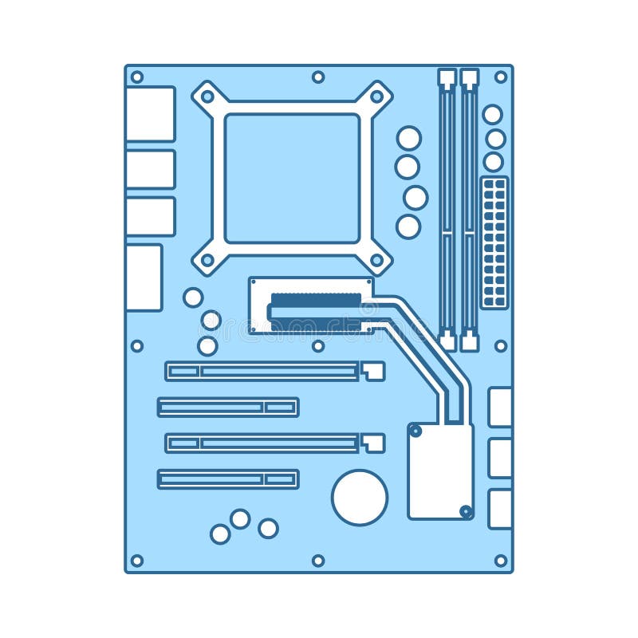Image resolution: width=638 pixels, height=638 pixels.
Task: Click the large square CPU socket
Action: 292,178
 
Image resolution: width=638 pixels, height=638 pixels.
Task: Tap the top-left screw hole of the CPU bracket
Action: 207,96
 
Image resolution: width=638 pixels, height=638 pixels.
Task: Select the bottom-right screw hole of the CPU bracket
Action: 376,260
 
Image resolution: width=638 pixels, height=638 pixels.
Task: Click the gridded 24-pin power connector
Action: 494,242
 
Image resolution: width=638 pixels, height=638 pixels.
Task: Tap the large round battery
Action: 360,498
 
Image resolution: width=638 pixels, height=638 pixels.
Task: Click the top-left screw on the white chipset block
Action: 415,431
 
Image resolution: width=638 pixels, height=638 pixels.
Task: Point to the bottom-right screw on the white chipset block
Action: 466,510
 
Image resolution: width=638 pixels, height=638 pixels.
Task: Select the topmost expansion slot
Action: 263,371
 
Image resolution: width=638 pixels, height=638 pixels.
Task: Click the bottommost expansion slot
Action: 228,478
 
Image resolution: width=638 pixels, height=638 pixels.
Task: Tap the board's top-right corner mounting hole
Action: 501,77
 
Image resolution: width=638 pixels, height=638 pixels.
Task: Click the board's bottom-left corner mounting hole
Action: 137,561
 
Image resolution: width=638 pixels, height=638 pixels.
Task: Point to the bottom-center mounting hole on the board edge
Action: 318,561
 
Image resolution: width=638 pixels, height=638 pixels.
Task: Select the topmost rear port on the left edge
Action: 150,114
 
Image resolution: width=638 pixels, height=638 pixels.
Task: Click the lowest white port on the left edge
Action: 144,278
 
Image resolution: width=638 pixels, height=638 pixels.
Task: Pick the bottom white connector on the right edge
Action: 500,509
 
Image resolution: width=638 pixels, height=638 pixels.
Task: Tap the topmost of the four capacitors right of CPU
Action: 409,138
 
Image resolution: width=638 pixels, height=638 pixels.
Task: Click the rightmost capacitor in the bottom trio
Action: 269,528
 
